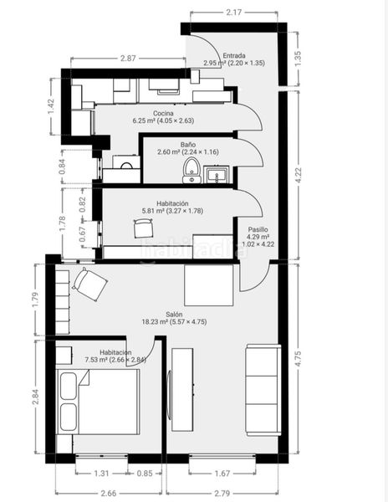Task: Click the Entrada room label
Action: [x=234, y=55]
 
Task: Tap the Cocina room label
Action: [x=163, y=113]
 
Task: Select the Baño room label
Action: [x=188, y=145]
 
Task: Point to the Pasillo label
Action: [x=258, y=229]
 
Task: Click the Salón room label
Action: [x=174, y=315]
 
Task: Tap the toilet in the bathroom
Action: [x=191, y=170]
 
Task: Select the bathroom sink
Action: [x=217, y=175]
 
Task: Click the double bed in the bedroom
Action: [x=98, y=402]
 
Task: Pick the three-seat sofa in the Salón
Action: [x=263, y=390]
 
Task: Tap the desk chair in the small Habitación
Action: [x=143, y=228]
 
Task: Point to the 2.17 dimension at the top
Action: [x=234, y=13]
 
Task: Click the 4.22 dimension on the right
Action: [x=299, y=175]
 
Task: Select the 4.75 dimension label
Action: [x=299, y=359]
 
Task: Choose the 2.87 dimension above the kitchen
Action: [x=128, y=59]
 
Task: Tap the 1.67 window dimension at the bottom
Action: [x=222, y=473]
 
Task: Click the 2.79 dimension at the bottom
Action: [x=222, y=493]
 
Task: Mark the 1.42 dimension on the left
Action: [x=51, y=106]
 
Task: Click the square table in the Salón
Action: [x=208, y=285]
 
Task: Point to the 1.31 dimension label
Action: [x=101, y=473]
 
